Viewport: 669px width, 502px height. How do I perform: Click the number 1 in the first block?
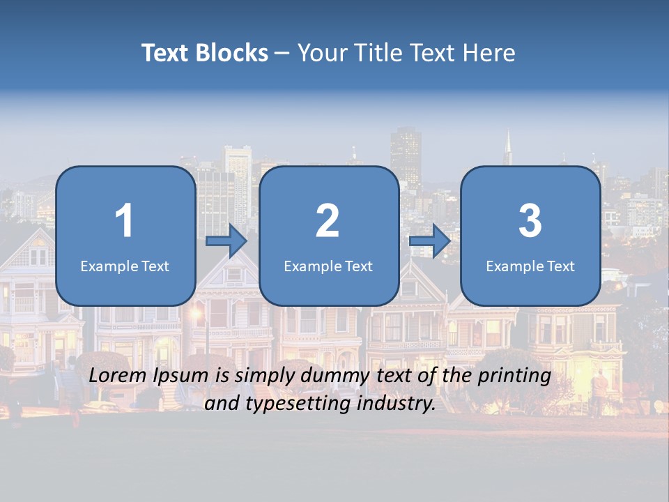tap(124, 221)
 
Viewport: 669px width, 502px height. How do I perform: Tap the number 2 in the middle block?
tap(328, 221)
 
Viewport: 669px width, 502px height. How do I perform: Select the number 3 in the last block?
tap(530, 221)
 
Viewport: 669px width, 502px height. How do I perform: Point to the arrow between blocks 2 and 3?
tap(430, 242)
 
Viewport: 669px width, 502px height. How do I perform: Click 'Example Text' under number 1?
tap(125, 266)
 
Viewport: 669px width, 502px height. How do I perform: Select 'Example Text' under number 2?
tap(328, 266)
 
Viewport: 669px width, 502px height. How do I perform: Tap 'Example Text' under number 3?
tap(530, 266)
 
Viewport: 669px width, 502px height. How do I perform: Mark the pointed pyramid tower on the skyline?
tap(508, 148)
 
